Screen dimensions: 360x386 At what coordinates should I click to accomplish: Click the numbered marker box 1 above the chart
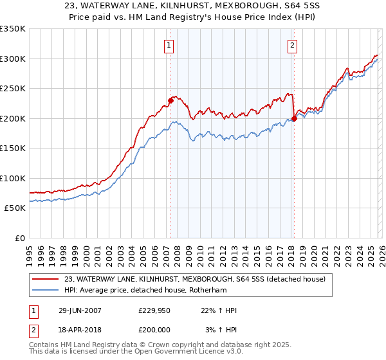[x=169, y=45]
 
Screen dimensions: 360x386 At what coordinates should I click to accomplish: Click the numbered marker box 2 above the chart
[x=292, y=45]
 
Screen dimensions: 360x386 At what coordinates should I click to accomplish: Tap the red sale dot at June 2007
[x=171, y=100]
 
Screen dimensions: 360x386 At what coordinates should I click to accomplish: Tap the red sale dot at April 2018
[x=294, y=118]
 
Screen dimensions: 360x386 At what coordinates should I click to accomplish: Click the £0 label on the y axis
[x=19, y=238]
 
